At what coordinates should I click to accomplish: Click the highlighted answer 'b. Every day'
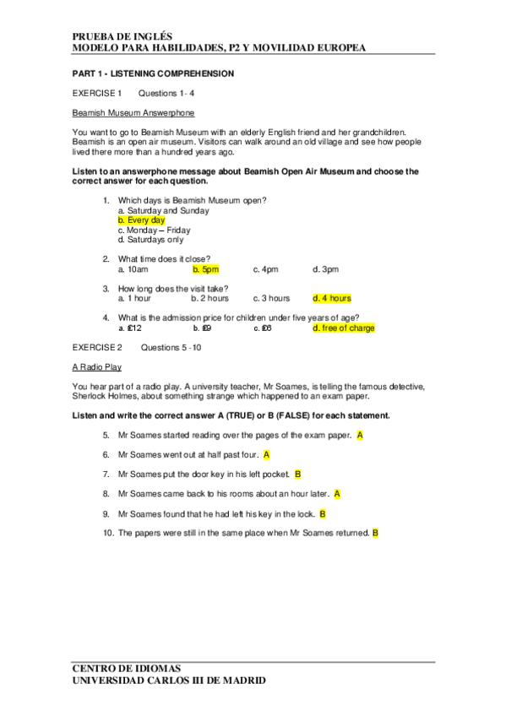[x=141, y=220]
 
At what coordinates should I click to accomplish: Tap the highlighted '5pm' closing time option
[x=205, y=269]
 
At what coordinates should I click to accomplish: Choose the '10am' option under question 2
[x=133, y=269]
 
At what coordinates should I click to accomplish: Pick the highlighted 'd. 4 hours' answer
[x=331, y=298]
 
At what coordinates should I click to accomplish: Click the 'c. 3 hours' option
[x=270, y=298]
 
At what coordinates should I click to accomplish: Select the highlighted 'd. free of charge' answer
[x=343, y=328]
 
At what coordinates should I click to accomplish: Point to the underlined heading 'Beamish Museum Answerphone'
[x=133, y=112]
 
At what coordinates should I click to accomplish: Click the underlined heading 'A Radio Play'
[x=96, y=367]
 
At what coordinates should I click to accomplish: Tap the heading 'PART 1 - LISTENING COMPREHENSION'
[x=153, y=73]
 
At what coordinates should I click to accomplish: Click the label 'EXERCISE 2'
[x=97, y=347]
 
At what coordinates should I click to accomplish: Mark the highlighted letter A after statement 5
[x=360, y=435]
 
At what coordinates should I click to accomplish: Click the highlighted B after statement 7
[x=297, y=475]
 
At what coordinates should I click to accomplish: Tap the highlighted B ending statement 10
[x=375, y=533]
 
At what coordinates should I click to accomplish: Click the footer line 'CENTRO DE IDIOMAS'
[x=126, y=668]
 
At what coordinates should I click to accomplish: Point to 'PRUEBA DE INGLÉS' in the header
[x=122, y=37]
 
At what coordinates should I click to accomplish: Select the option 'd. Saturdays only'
[x=150, y=240]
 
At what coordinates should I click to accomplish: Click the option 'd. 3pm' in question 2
[x=325, y=269]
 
